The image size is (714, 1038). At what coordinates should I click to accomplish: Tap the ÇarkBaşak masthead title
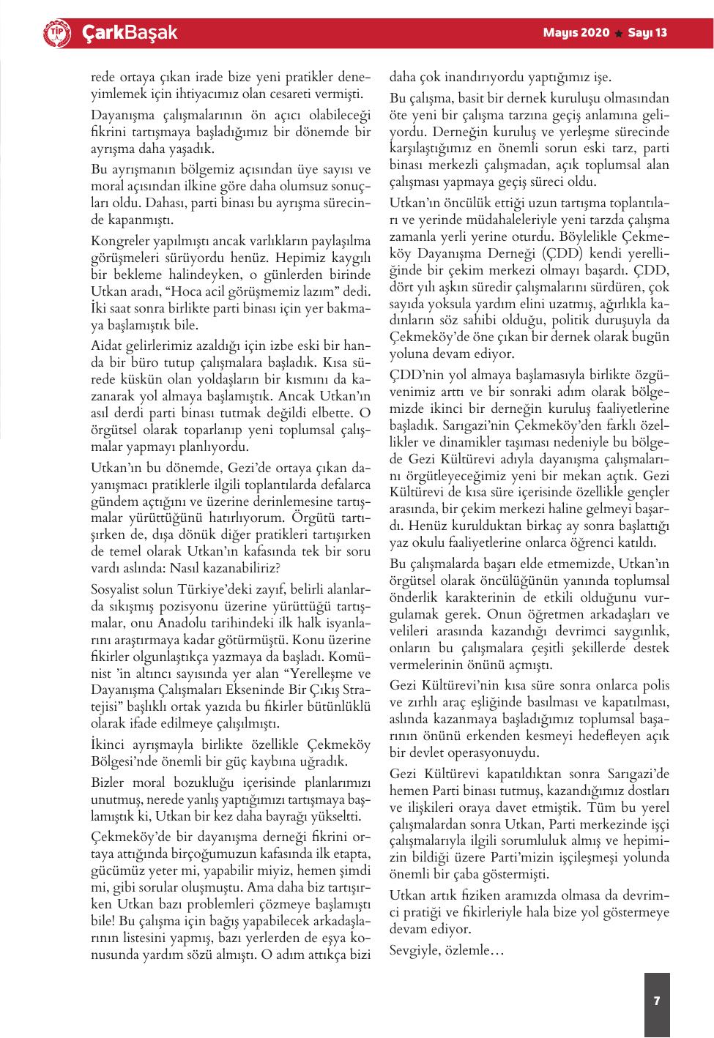(129, 33)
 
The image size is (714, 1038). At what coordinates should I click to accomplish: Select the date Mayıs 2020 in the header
(576, 33)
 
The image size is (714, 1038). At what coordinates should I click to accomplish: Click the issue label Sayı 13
(647, 33)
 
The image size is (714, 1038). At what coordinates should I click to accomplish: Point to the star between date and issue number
(618, 34)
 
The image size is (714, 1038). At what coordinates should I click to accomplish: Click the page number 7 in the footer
(657, 1001)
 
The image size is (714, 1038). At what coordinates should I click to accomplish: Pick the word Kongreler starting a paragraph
(118, 241)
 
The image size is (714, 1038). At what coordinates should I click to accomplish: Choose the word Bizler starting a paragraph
(108, 782)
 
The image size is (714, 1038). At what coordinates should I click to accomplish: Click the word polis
(654, 685)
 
